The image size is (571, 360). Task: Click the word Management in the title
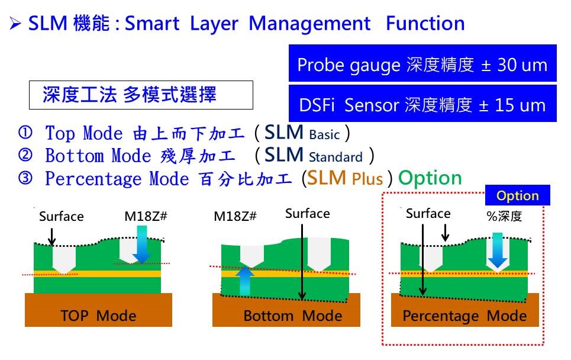click(309, 24)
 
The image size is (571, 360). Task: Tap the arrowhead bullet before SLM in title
click(15, 24)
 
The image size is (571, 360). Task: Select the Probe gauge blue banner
click(422, 63)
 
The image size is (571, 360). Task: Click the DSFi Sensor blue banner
click(422, 103)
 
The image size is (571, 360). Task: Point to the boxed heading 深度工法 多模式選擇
click(141, 95)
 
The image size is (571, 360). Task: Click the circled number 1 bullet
click(25, 132)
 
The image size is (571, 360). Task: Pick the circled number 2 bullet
click(25, 155)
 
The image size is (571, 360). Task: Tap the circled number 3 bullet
click(25, 178)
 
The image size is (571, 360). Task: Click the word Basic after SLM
click(324, 135)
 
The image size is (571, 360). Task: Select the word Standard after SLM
click(335, 157)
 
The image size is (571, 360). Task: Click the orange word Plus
click(367, 179)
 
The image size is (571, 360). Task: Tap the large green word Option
click(430, 179)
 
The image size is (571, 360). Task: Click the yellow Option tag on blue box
click(518, 195)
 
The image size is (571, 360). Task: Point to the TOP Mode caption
click(98, 316)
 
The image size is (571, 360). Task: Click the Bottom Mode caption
click(293, 316)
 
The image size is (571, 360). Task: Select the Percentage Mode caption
click(464, 316)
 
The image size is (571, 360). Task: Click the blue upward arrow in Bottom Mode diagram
click(245, 281)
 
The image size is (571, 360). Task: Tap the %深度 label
click(504, 217)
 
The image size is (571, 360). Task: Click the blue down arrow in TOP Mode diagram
click(141, 244)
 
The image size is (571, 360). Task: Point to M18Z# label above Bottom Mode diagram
click(235, 217)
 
